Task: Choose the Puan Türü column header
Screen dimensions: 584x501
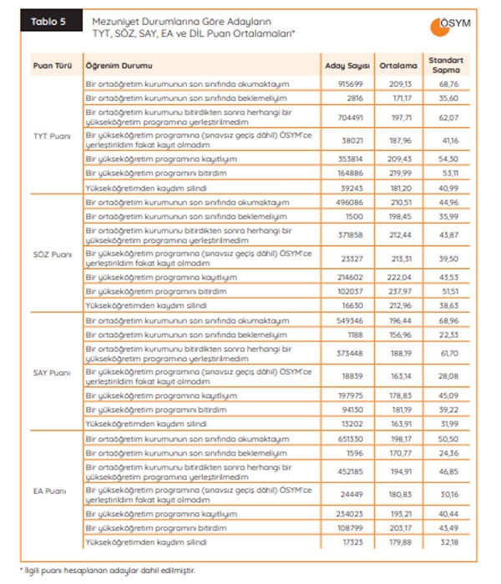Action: [x=50, y=65]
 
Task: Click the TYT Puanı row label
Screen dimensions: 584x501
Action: [x=52, y=135]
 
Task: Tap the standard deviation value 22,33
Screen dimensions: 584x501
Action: [x=452, y=335]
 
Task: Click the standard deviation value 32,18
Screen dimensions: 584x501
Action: [x=452, y=543]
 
